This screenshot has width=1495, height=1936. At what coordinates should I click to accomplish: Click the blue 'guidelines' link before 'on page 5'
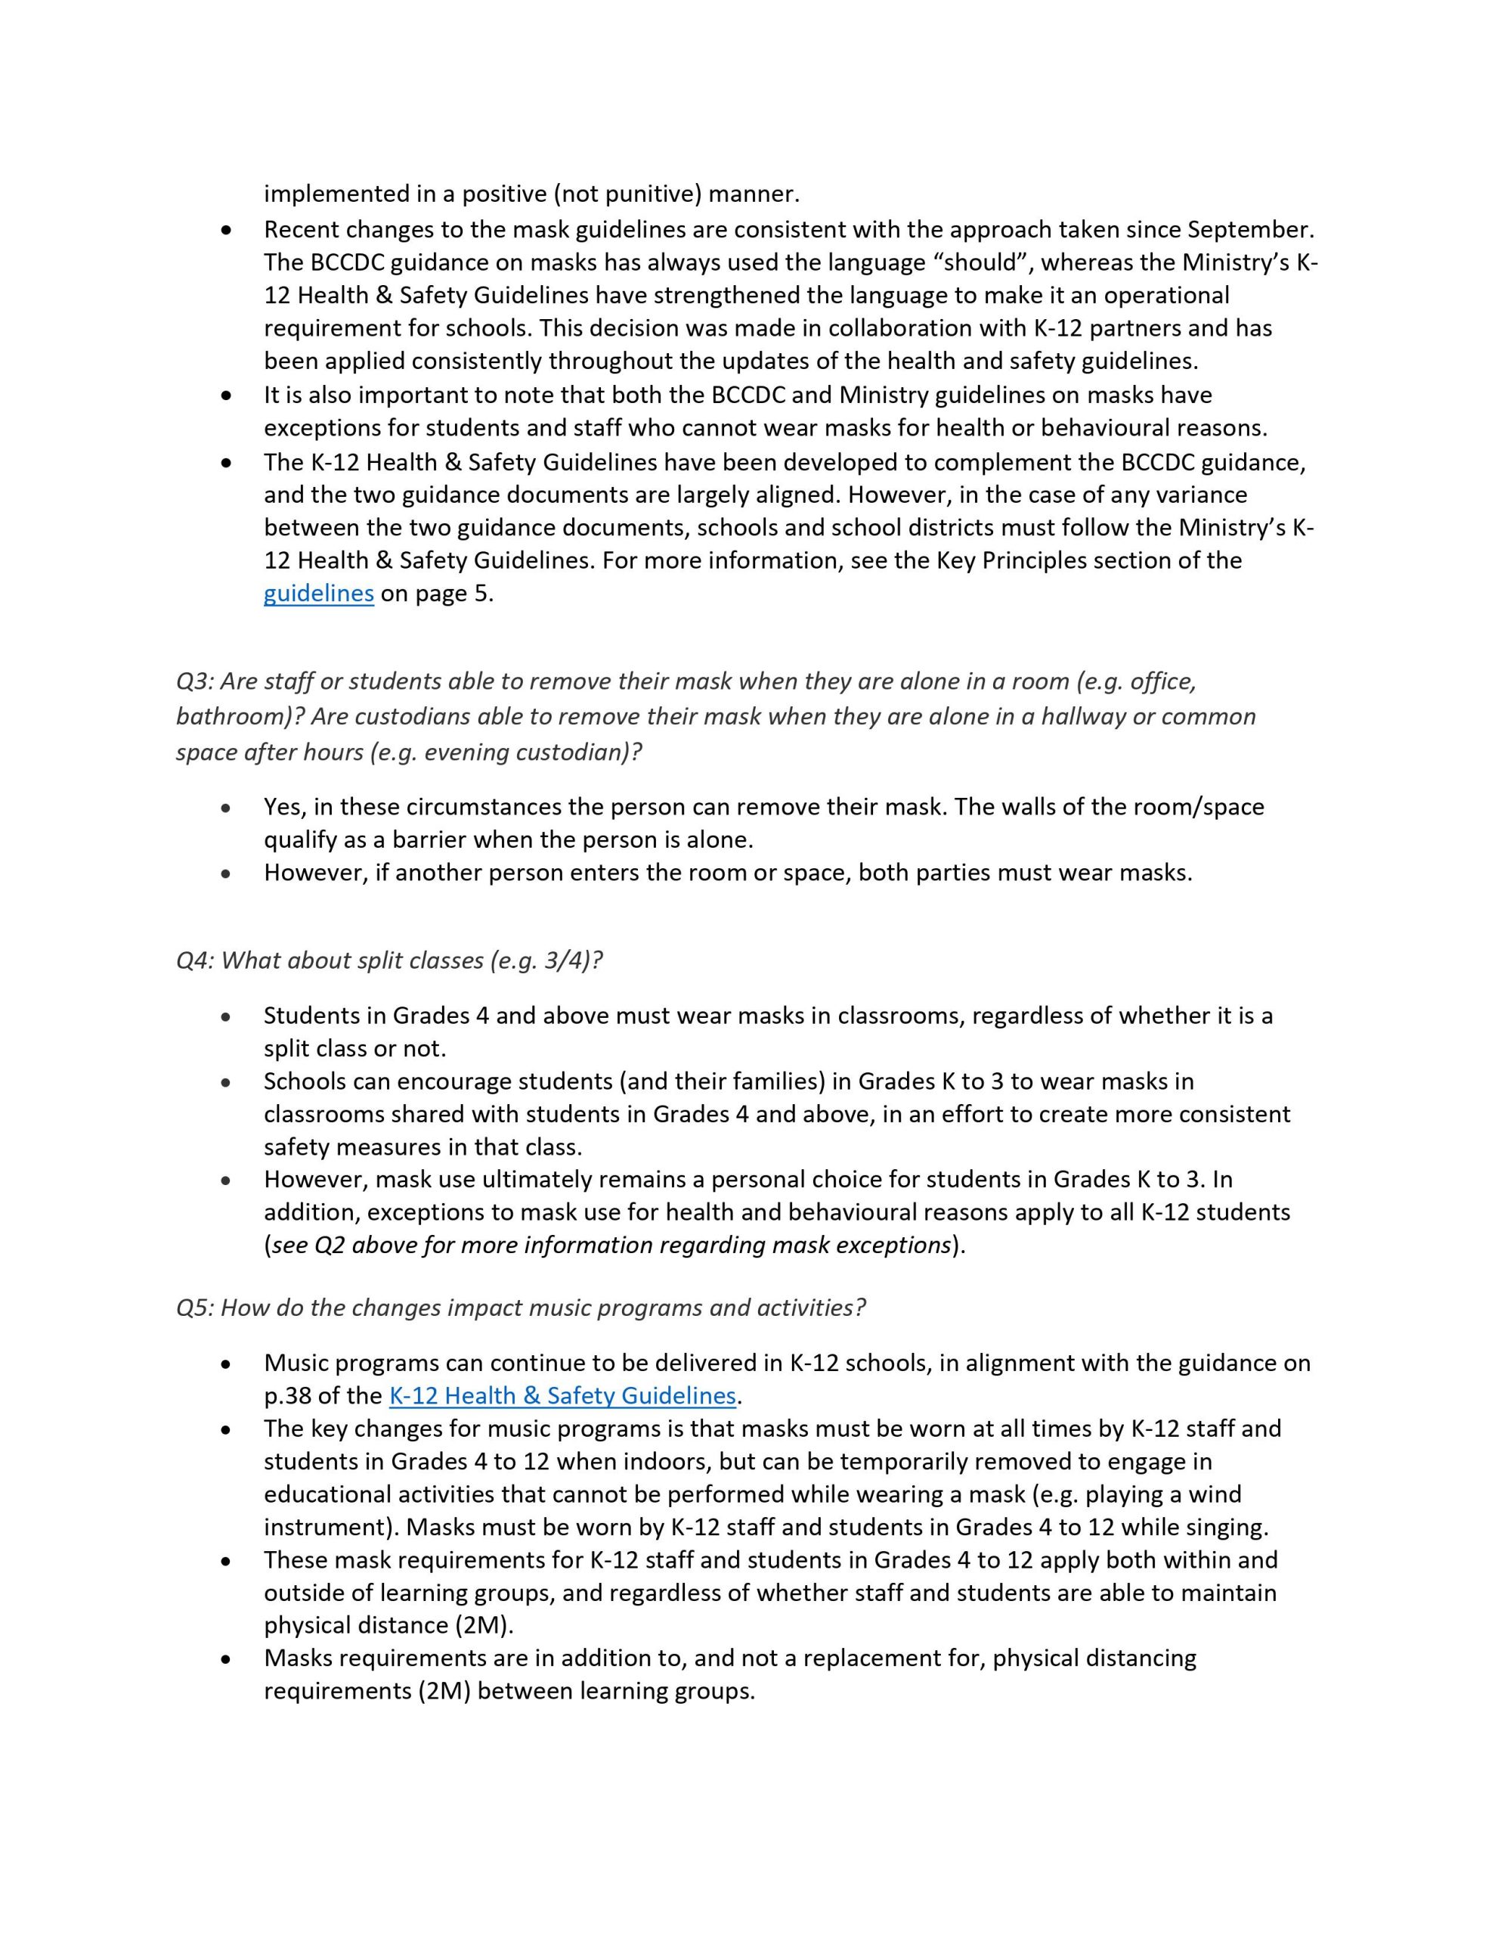pyautogui.click(x=318, y=593)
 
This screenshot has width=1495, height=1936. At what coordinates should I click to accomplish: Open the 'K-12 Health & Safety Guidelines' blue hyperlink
pyautogui.click(x=562, y=1395)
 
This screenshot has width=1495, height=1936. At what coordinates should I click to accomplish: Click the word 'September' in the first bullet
pyautogui.click(x=1248, y=230)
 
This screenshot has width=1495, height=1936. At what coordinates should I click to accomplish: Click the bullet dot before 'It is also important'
pyautogui.click(x=227, y=396)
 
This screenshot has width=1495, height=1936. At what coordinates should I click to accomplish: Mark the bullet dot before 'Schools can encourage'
pyautogui.click(x=227, y=1083)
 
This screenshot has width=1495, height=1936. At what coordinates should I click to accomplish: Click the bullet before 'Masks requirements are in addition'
pyautogui.click(x=227, y=1659)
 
